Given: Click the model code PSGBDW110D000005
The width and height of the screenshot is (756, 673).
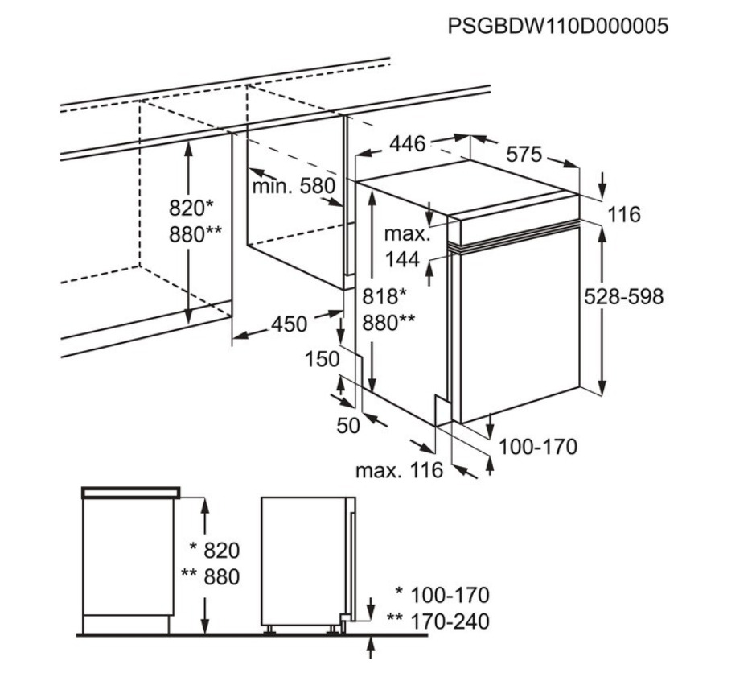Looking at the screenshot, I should [x=558, y=26].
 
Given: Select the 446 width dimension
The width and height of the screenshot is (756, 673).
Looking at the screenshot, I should [x=407, y=144].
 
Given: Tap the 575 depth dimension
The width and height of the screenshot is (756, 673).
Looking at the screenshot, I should [x=524, y=155].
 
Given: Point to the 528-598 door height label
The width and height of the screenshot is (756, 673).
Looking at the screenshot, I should [x=624, y=296].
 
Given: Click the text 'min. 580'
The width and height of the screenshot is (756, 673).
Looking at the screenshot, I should [x=293, y=187].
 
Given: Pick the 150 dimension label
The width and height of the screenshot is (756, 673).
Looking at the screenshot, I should [x=323, y=359].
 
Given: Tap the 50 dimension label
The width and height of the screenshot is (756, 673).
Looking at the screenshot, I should [x=348, y=426].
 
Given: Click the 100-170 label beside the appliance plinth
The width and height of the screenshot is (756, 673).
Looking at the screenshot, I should [x=538, y=446].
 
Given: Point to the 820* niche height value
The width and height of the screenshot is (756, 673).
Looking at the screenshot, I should [x=191, y=209].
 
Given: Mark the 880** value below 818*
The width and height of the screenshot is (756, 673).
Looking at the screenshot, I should [x=389, y=322].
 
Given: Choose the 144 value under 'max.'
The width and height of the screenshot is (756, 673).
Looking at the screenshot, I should [x=402, y=259].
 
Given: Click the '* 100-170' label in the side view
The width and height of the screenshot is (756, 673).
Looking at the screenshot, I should [x=442, y=596].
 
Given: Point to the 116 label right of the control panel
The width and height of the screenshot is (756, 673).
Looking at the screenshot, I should [x=624, y=214].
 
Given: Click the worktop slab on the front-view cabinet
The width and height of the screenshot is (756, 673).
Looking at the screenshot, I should [x=130, y=491].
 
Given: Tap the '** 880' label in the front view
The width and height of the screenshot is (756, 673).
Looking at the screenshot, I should [x=211, y=577].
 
